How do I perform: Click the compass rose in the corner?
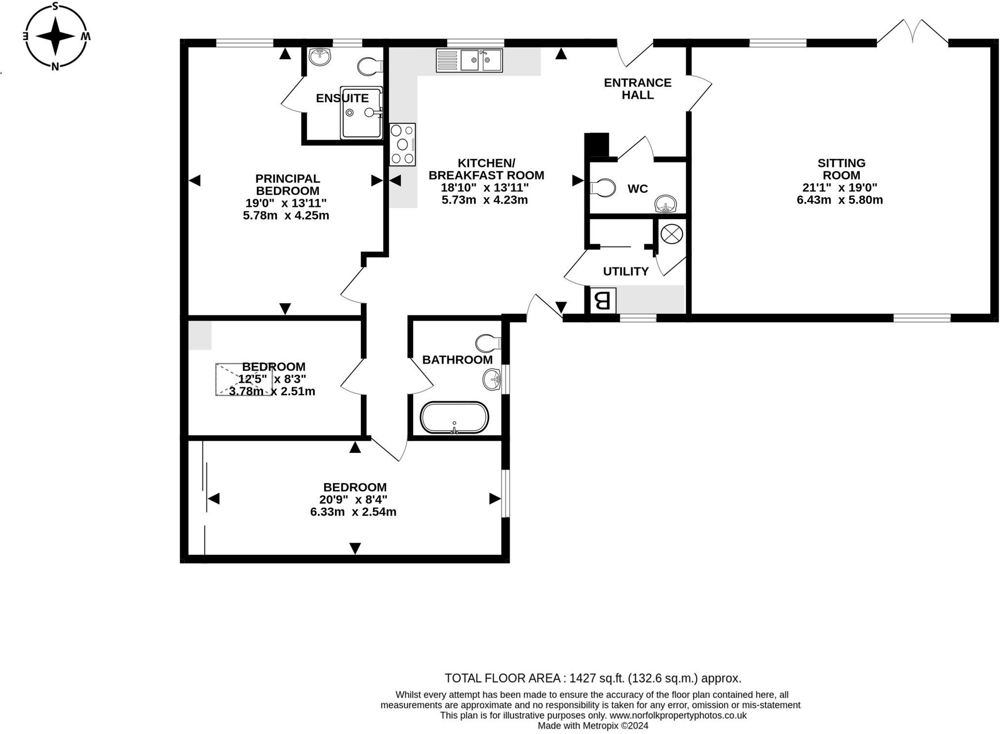56,36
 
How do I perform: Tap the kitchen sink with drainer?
469,61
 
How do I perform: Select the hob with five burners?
402,144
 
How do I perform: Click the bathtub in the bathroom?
454,418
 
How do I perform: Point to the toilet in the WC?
603,187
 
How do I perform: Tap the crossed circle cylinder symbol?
671,234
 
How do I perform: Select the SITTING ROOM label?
841,169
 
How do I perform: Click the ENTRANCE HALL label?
638,89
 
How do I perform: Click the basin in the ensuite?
320,57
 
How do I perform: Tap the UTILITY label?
625,271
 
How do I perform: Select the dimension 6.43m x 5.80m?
839,200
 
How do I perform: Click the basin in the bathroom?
492,380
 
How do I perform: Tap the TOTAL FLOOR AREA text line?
592,678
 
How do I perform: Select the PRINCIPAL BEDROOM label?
288,184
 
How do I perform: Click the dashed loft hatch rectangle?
244,379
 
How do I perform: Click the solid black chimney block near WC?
597,144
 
